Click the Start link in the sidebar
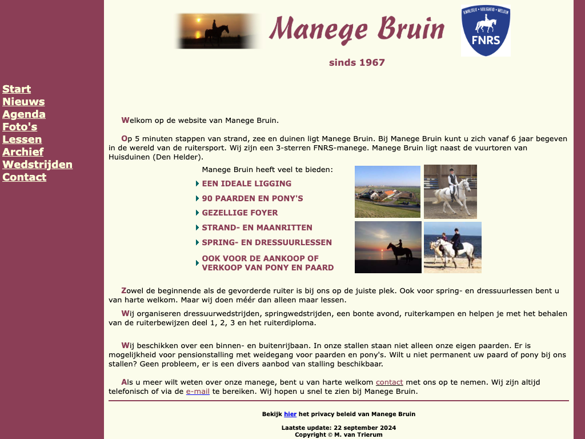click(x=17, y=89)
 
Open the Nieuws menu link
click(x=23, y=102)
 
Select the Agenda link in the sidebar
click(x=24, y=114)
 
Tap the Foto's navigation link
click(x=20, y=127)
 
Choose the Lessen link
click(x=22, y=139)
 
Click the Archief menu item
click(x=23, y=152)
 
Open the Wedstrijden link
click(x=37, y=165)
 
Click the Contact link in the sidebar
click(x=24, y=177)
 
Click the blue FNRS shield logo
click(x=486, y=31)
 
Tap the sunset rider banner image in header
click(x=217, y=31)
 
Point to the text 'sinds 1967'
click(x=357, y=63)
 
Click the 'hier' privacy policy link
click(x=290, y=414)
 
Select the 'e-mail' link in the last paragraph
click(x=198, y=392)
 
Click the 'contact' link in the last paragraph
click(x=389, y=382)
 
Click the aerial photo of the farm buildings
click(x=387, y=191)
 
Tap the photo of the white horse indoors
click(x=450, y=191)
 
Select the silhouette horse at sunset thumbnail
click(x=388, y=247)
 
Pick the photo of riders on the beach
click(x=452, y=247)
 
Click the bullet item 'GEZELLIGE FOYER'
click(x=239, y=213)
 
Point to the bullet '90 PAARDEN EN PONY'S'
click(x=252, y=198)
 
